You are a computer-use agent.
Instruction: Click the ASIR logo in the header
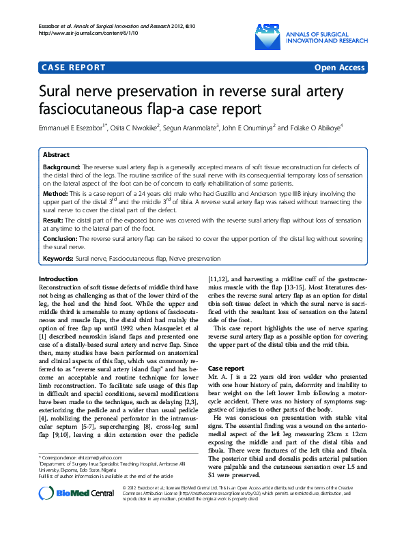pos(267,29)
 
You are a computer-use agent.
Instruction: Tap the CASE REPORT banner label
pos(74,68)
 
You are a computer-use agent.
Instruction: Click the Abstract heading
pos(56,155)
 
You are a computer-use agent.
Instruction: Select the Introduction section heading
pos(58,280)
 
